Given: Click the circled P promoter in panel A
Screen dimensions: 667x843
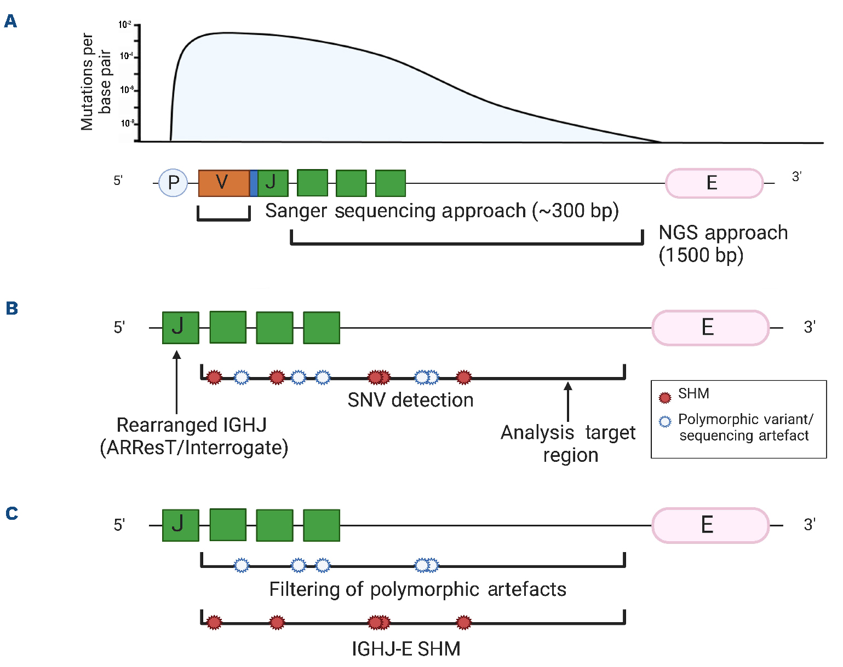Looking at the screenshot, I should (x=173, y=183).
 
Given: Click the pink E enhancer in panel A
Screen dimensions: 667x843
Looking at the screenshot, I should (x=714, y=183).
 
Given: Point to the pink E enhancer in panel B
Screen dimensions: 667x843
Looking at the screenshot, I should (x=710, y=328).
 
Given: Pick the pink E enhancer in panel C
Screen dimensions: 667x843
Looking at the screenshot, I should (x=710, y=525).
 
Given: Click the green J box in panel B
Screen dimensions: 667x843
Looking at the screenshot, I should (x=180, y=328).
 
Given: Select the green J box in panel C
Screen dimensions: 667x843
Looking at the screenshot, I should (x=180, y=525).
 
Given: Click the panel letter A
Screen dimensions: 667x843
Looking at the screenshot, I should (x=10, y=22).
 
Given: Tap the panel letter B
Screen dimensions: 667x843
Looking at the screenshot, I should (x=12, y=309).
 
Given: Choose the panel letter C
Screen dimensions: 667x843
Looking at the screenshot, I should (x=12, y=513).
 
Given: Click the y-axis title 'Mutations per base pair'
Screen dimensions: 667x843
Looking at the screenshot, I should (x=96, y=82).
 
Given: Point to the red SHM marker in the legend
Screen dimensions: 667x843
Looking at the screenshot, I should (x=665, y=397).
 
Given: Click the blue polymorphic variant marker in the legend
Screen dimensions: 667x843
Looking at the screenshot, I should (x=665, y=421).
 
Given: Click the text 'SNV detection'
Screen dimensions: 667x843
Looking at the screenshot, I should (x=410, y=400).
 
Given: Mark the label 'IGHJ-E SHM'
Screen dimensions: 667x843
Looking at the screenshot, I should (x=406, y=649).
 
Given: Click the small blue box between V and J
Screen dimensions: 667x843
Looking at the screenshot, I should (x=254, y=183).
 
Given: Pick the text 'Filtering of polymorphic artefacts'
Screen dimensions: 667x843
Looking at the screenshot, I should (x=417, y=589).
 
